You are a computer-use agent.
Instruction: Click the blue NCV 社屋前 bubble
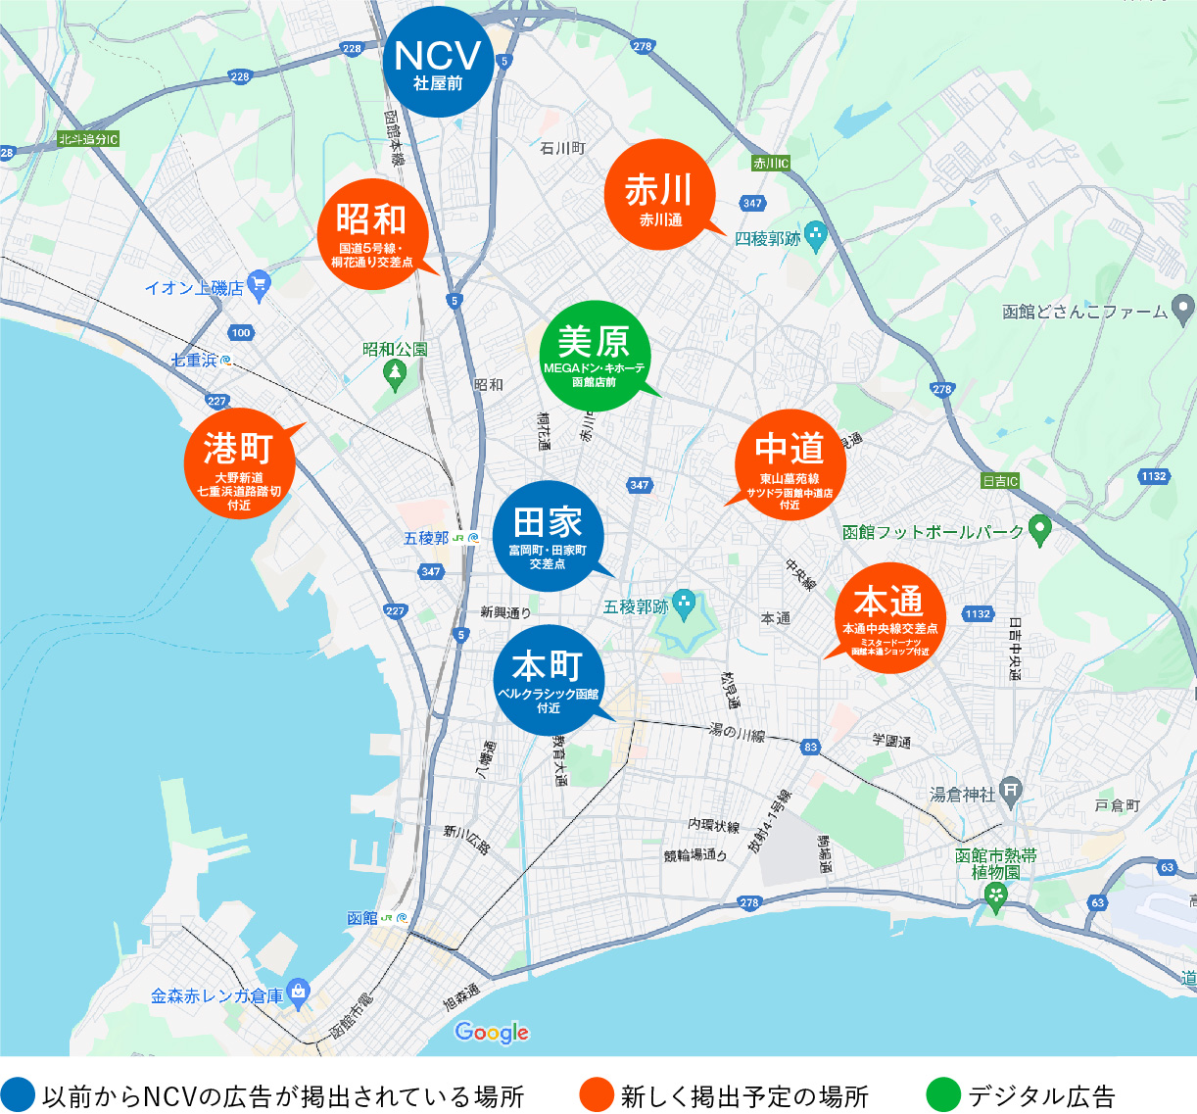tap(438, 63)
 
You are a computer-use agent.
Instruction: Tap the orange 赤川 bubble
tap(660, 195)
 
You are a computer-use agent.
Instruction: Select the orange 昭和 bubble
tap(372, 233)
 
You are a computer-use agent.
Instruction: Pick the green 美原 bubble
tap(595, 355)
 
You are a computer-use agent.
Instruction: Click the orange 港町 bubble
tap(239, 462)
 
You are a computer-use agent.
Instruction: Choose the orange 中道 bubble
tap(790, 463)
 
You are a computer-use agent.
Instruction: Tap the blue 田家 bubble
tap(548, 535)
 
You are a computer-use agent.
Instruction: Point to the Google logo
tap(492, 1033)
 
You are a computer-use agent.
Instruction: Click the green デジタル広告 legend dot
tap(943, 1095)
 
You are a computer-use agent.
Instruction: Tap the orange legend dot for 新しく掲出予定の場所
tap(597, 1095)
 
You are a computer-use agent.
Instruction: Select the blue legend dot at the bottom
tap(18, 1095)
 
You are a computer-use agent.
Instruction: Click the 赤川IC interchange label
tap(771, 164)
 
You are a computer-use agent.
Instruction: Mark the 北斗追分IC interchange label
tap(87, 140)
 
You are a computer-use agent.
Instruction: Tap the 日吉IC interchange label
tap(1000, 481)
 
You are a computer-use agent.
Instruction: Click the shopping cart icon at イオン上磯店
tap(259, 285)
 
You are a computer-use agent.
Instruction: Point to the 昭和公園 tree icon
tap(395, 372)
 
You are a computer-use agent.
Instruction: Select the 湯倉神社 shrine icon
tap(1012, 789)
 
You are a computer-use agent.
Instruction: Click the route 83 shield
tap(810, 747)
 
